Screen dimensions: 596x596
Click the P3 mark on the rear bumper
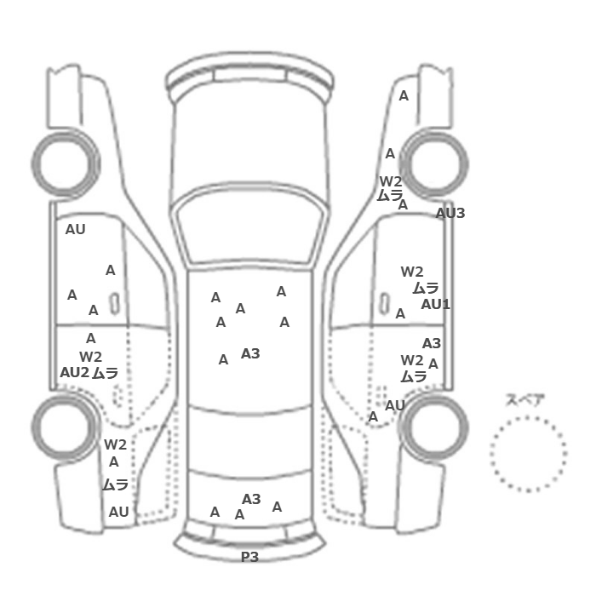[249, 557]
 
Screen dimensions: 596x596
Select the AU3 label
[450, 213]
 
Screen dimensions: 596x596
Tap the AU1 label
[436, 305]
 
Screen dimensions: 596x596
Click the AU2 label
[75, 373]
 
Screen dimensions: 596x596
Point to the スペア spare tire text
[525, 400]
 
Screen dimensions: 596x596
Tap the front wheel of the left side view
[66, 163]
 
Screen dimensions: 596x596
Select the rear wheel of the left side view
[65, 427]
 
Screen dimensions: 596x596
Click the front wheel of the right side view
[434, 163]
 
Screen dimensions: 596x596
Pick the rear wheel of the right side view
[434, 427]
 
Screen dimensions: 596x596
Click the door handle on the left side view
[114, 303]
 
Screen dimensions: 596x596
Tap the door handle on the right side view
[385, 303]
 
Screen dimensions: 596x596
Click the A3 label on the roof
[250, 354]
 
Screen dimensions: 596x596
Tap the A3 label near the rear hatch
[251, 499]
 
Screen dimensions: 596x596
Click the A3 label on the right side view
[432, 344]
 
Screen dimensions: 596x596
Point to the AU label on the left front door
[75, 230]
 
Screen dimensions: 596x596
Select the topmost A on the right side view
[404, 95]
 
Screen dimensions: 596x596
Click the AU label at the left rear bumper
[118, 512]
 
